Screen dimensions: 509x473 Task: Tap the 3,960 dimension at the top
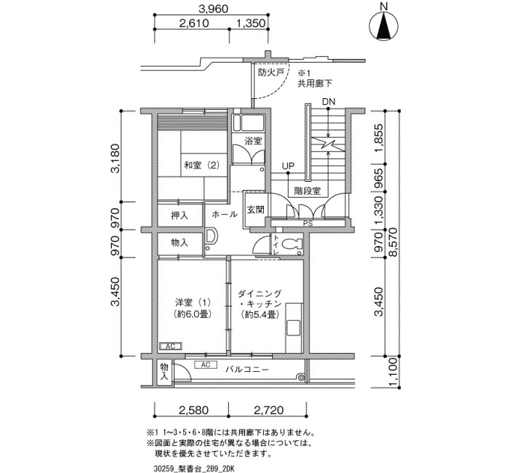[213, 9]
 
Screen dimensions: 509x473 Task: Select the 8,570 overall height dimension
[393, 242]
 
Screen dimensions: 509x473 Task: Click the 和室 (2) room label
[201, 165]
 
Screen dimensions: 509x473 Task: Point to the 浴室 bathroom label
[253, 141]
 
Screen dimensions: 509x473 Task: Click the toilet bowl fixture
[292, 245]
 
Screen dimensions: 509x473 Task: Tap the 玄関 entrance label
[256, 210]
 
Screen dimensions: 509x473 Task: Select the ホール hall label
[225, 214]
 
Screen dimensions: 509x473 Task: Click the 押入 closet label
[180, 215]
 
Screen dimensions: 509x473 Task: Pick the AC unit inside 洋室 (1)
[171, 346]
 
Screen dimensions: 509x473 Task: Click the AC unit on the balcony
[206, 365]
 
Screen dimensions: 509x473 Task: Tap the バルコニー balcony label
[247, 370]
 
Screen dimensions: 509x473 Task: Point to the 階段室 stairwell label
[308, 191]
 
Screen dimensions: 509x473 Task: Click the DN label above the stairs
[329, 102]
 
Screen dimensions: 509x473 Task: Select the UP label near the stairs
[288, 167]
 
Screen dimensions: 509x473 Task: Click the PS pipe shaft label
[308, 223]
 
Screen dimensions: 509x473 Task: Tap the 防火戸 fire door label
[271, 73]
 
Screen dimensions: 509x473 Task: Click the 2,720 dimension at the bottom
[268, 410]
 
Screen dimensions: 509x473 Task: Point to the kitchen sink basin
[294, 328]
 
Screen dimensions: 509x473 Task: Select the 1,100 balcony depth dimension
[393, 373]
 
